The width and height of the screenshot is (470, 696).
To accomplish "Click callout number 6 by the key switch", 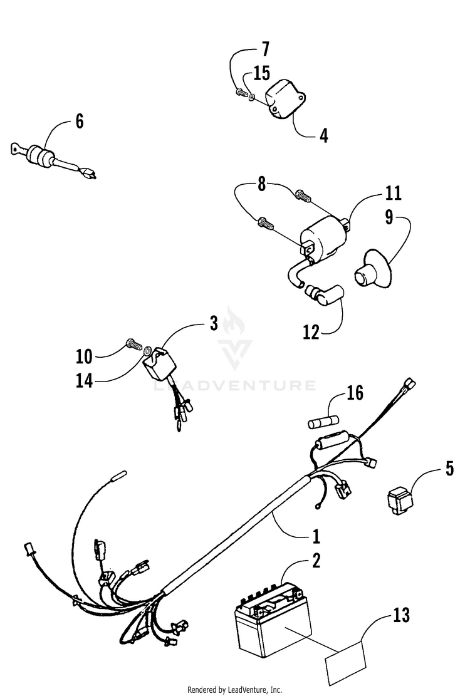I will (x=79, y=121).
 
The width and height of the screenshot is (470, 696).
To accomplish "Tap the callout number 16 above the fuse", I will (x=355, y=393).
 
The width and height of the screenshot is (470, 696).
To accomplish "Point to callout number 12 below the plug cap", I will (x=311, y=331).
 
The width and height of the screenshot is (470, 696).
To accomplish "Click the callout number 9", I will (x=389, y=217).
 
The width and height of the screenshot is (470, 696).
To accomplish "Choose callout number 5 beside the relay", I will (x=450, y=469).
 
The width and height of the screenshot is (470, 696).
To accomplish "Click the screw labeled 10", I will (x=132, y=344).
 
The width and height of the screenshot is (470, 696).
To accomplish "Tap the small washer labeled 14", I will (x=145, y=351).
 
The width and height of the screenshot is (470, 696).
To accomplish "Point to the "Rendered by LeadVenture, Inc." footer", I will (x=235, y=689).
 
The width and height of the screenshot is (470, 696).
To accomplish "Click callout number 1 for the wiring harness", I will (x=316, y=536).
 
